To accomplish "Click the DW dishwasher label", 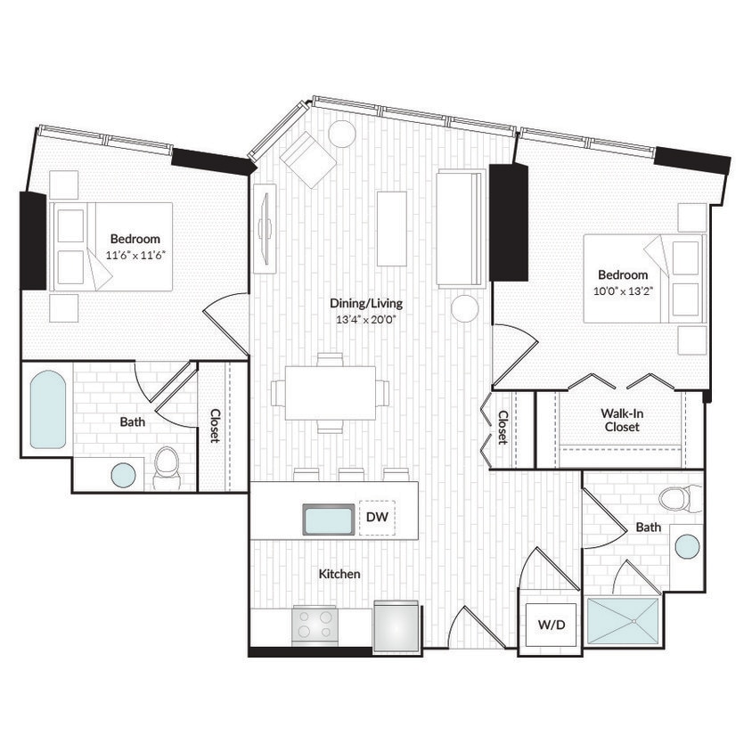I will pos(377,517).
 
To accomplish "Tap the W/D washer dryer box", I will pos(551,625).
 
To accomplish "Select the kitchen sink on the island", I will pos(327,519).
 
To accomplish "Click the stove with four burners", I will pos(315,625).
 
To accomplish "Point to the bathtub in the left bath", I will pos(47,409).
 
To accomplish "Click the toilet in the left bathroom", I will pos(167,467).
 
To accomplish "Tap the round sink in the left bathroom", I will pos(123,475).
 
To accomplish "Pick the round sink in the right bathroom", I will pos(687,545).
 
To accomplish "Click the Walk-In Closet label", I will pos(620,419).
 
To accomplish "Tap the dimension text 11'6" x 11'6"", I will pos(135,254).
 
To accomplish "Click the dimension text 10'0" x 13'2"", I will pos(623,290).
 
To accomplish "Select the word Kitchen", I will pos(339,574).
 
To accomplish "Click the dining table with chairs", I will pos(330,393).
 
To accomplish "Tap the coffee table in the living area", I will pos(391,228).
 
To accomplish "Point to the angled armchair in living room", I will pos(307,159).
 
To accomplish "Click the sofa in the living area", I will pos(460,228).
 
